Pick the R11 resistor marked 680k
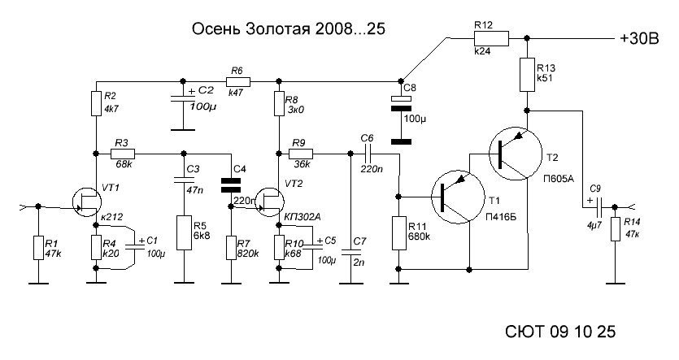coord(399,236)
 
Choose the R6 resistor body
coord(239,80)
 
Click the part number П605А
coord(559,178)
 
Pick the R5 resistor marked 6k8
coord(182,230)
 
